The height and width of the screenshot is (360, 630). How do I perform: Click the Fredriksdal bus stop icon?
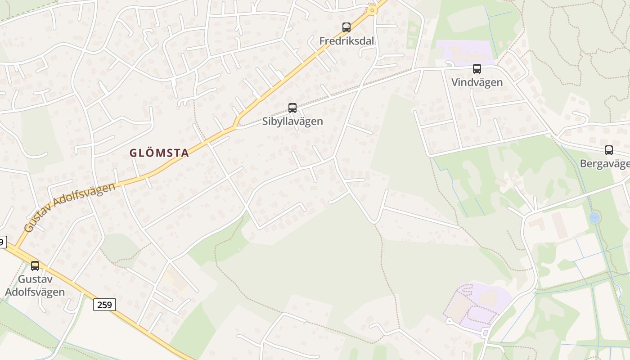click(346, 27)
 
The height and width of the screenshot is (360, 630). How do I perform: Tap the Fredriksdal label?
click(346, 41)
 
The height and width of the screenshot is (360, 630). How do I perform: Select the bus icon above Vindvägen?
click(477, 69)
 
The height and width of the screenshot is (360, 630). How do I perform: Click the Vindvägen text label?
click(477, 82)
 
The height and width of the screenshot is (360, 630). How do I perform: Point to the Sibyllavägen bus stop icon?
click(292, 108)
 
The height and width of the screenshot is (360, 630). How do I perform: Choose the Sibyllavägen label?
click(292, 121)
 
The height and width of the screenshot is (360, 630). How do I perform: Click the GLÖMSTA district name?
click(159, 153)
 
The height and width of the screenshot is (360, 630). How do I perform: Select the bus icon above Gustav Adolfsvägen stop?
click(35, 265)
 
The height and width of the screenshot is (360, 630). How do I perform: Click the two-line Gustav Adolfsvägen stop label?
click(35, 285)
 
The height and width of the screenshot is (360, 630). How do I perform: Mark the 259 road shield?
click(104, 305)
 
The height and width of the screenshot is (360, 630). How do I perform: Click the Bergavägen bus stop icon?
click(608, 150)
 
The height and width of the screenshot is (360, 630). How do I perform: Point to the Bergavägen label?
click(605, 163)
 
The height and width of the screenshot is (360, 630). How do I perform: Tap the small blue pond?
click(594, 218)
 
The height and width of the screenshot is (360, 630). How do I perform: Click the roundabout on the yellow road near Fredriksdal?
click(372, 10)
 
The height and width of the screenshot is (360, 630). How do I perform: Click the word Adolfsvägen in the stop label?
click(35, 292)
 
